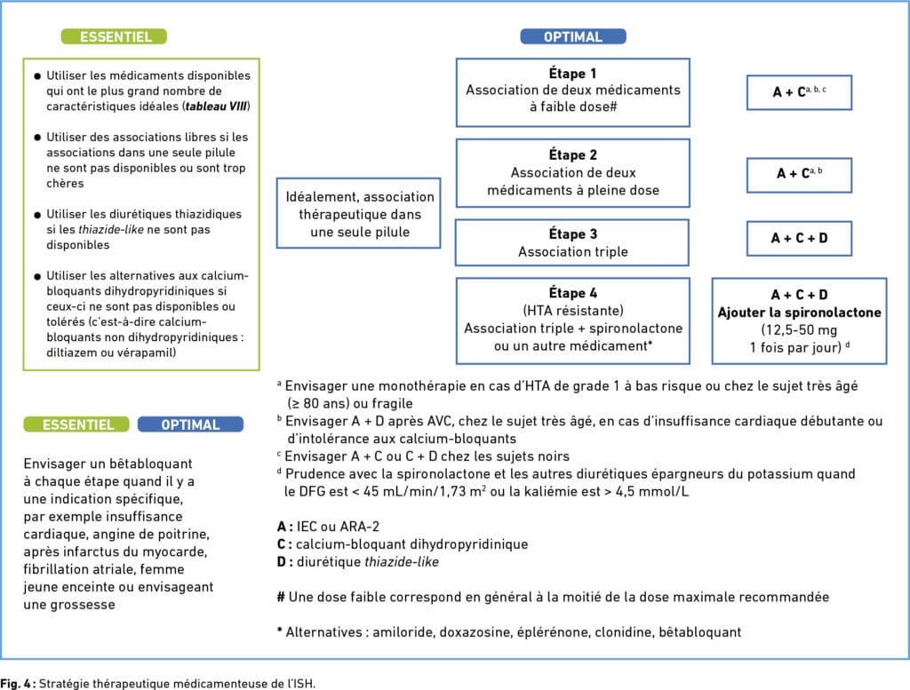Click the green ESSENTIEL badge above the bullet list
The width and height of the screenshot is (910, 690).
tap(114, 36)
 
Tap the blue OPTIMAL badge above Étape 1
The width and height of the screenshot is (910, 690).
tap(573, 36)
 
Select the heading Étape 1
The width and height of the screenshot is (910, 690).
tap(572, 74)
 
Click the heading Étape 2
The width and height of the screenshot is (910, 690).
tap(573, 155)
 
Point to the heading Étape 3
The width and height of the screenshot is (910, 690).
tap(573, 234)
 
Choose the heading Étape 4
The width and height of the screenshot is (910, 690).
tap(573, 293)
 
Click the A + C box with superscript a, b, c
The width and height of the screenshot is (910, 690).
tap(799, 92)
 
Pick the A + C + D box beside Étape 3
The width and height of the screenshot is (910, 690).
tap(799, 238)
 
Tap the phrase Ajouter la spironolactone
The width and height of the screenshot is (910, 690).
tap(799, 313)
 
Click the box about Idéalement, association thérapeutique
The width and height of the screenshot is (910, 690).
tap(359, 213)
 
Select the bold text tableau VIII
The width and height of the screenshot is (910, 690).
tap(217, 107)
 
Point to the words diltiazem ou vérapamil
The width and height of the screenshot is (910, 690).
tap(111, 353)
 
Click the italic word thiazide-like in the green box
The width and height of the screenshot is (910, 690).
tap(111, 230)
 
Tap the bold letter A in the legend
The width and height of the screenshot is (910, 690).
tap(282, 527)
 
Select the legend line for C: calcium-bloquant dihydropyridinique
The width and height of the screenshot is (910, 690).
tap(403, 544)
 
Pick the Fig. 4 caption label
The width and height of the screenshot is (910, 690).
tap(18, 684)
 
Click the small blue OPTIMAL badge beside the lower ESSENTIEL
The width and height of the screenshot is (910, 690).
tap(190, 424)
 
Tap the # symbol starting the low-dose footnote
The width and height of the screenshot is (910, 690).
tap(281, 598)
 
